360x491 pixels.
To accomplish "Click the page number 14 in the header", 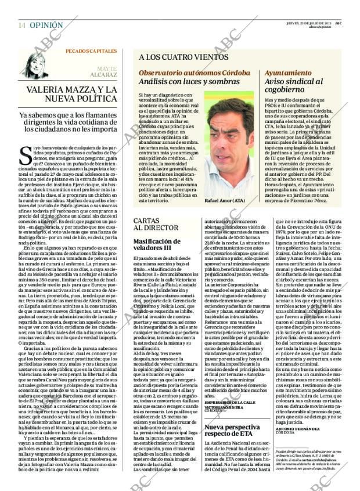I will point(21,26).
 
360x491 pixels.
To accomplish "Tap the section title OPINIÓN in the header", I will point(46,26).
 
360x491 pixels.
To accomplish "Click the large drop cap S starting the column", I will point(26,154).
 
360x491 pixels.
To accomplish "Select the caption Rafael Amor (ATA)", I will point(225,201).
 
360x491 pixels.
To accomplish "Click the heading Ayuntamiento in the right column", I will point(287,73).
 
